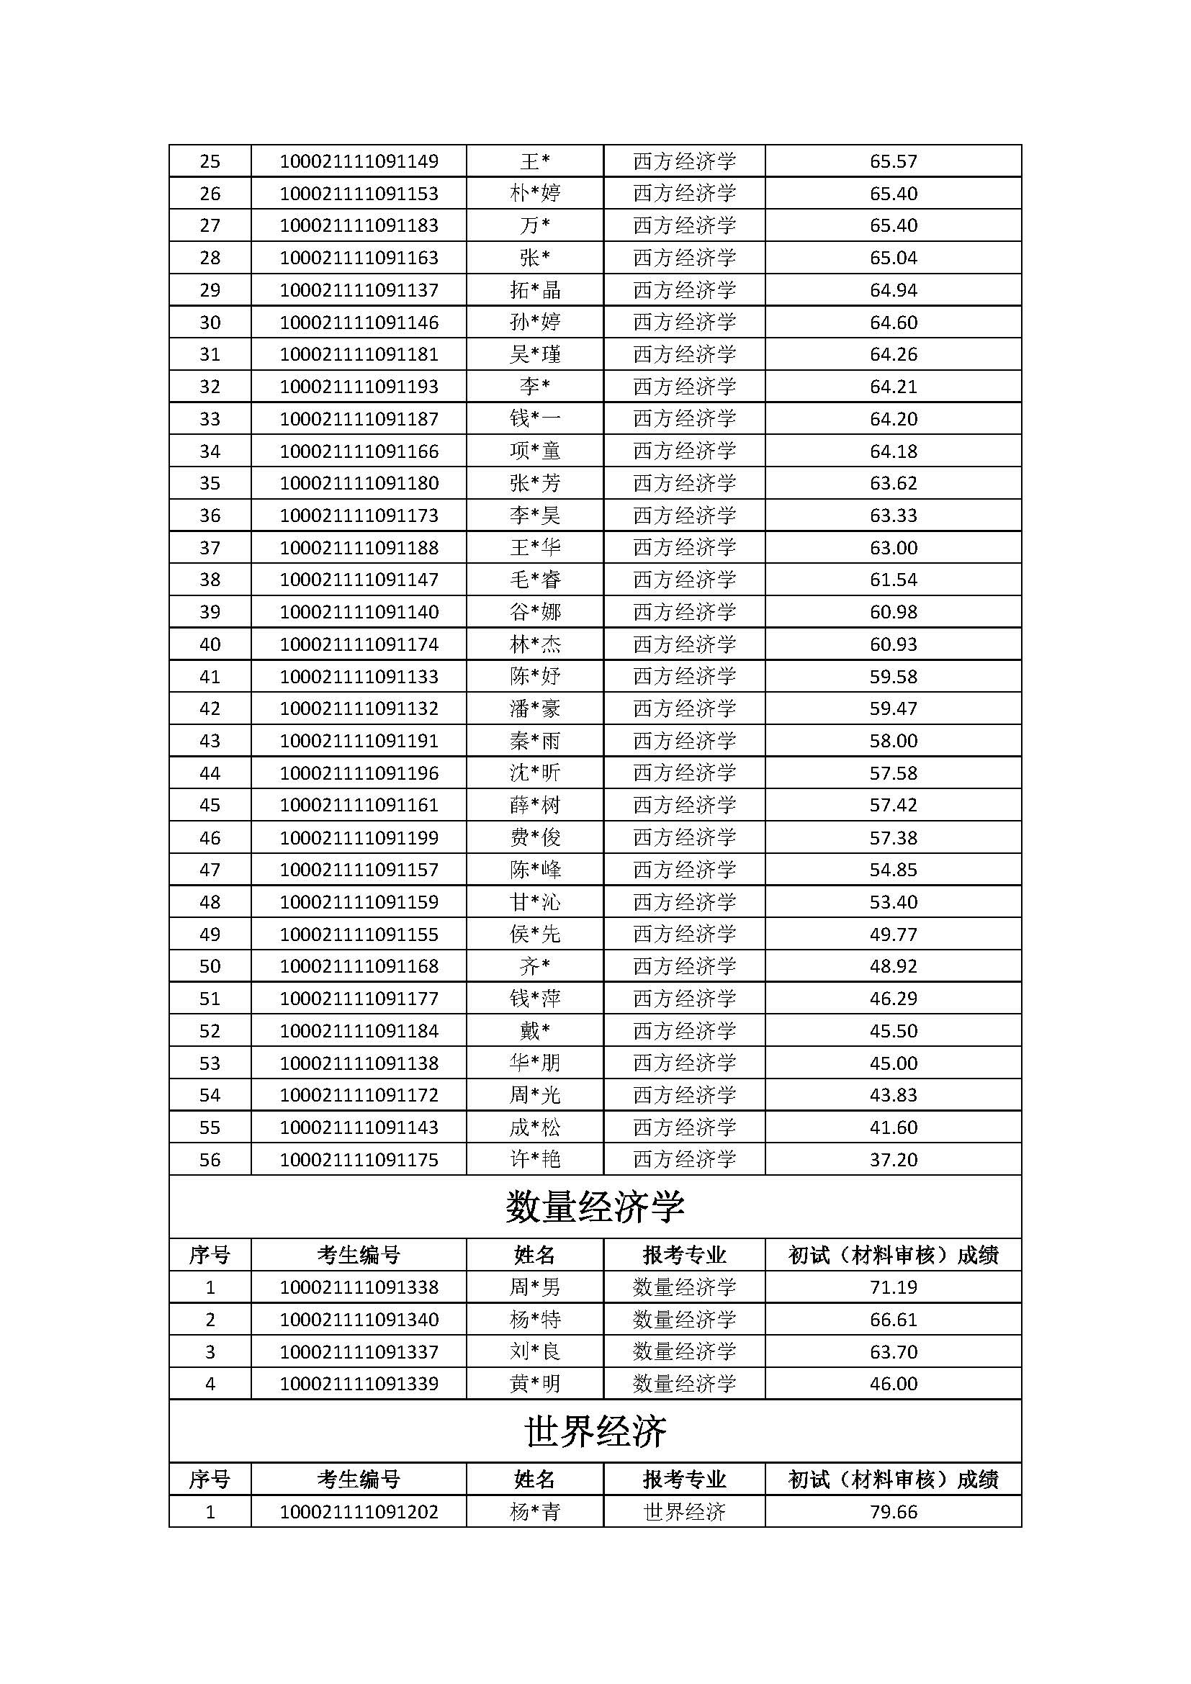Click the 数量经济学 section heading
pos(595,1207)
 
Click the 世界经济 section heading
pos(595,1431)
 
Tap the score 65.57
pos(893,161)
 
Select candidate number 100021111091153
pos(359,194)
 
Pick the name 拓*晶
pos(534,290)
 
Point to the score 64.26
pos(893,354)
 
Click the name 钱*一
pos(534,419)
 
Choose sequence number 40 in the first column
pos(210,644)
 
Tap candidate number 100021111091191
pos(359,741)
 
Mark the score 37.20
pos(893,1160)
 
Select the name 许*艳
pos(534,1160)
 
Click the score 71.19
pos(893,1287)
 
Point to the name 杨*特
pos(534,1320)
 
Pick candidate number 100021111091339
pos(359,1384)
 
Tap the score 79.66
pos(893,1513)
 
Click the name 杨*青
pos(534,1513)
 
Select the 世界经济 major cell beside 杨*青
pos(684,1513)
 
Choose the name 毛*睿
pos(534,580)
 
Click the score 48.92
pos(893,966)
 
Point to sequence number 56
pos(210,1160)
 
